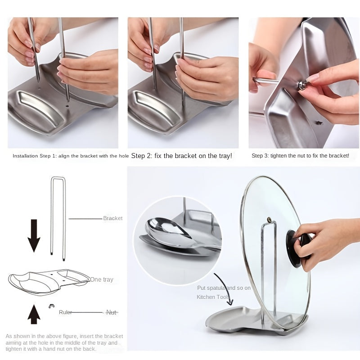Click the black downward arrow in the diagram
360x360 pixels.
[34, 234]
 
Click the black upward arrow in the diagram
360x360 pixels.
[34, 315]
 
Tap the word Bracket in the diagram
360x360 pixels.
[112, 218]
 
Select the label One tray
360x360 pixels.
[102, 279]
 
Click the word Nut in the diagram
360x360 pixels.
[111, 312]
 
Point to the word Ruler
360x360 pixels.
[65, 312]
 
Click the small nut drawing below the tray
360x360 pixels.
[51, 306]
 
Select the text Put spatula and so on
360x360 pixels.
[224, 288]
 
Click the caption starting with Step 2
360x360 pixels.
[181, 156]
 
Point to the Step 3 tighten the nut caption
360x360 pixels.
[300, 156]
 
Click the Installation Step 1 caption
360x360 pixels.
[71, 156]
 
